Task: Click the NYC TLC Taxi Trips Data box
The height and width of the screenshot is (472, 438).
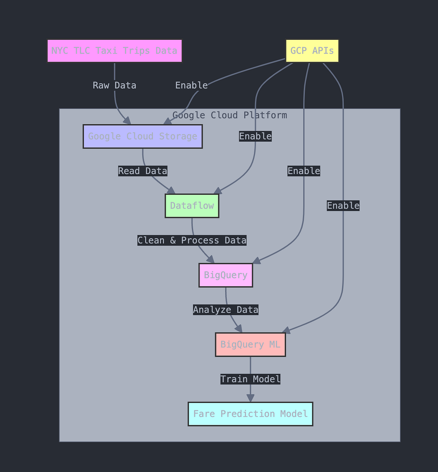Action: point(114,51)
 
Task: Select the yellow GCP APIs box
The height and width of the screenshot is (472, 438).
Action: point(312,51)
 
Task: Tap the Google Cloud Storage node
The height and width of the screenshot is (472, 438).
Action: point(142,137)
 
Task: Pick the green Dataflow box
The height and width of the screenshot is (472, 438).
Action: point(192,206)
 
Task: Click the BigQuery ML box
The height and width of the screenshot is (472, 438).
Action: point(250,345)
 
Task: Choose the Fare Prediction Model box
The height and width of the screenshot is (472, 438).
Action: point(250,414)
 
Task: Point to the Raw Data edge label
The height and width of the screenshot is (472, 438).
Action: point(114,85)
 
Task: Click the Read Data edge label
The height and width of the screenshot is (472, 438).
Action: point(142,171)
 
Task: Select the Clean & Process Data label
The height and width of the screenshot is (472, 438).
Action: point(192,240)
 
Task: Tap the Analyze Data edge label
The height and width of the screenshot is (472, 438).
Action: point(226,310)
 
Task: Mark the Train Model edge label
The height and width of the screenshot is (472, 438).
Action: point(250,379)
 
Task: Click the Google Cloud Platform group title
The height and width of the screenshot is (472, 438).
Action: point(230,115)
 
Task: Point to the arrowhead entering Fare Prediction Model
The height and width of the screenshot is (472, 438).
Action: point(250,398)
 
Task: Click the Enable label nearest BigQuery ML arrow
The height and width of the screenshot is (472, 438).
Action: point(343,206)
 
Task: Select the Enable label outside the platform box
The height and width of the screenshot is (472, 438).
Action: point(191,85)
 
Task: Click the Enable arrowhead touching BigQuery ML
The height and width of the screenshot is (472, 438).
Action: point(287,330)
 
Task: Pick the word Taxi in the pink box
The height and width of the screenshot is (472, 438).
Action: point(106,51)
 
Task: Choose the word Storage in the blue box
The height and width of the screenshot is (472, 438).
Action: point(178,137)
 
